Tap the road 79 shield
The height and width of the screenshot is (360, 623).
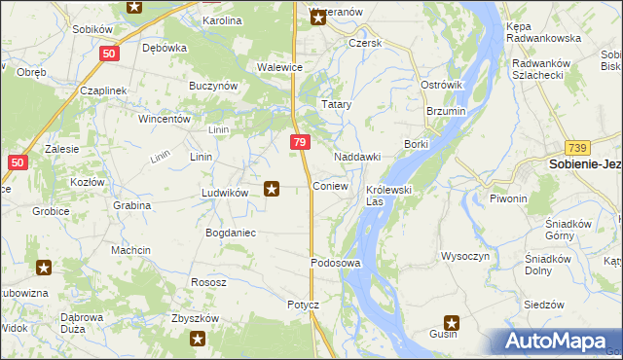click(x=300, y=143)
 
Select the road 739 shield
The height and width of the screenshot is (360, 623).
click(x=577, y=146)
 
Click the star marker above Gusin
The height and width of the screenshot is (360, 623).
click(x=452, y=321)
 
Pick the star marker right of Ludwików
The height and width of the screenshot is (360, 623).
click(x=273, y=189)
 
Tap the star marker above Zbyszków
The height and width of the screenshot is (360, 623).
click(x=198, y=339)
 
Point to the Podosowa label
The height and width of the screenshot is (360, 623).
click(x=336, y=264)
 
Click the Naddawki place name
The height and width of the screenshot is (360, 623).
click(x=356, y=157)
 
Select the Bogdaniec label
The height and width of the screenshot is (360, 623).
click(x=230, y=233)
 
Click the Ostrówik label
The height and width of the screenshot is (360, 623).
click(x=441, y=86)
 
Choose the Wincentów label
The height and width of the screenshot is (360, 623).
click(x=164, y=120)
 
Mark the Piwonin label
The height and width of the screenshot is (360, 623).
click(x=508, y=198)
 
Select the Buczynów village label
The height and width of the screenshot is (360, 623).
click(x=214, y=86)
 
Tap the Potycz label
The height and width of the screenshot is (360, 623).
click(x=303, y=305)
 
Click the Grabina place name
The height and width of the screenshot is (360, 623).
click(x=131, y=205)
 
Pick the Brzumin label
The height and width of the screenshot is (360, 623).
click(x=446, y=112)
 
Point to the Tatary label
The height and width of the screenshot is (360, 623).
click(x=337, y=104)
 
